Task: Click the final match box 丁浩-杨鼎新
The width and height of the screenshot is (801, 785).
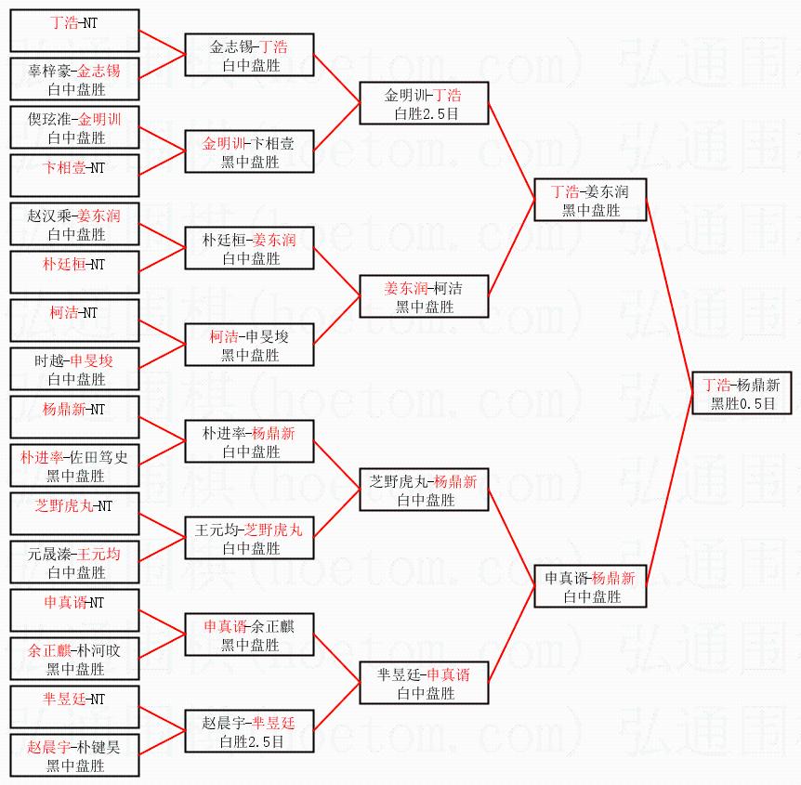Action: (742, 393)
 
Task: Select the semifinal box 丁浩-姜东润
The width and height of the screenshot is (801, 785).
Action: (590, 200)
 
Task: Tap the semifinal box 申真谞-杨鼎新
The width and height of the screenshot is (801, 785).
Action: (590, 586)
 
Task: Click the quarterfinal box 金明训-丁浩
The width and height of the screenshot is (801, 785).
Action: (424, 103)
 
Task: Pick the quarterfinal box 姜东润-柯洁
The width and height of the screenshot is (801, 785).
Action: (424, 296)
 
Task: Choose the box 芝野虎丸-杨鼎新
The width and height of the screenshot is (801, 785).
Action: (424, 490)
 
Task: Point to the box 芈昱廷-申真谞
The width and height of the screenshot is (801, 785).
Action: (424, 683)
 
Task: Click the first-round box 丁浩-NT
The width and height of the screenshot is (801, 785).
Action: (74, 31)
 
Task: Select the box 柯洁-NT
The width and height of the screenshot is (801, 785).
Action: (74, 321)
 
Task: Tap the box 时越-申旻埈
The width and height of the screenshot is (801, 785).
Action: (74, 369)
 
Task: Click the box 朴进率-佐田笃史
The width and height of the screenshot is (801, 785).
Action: (74, 465)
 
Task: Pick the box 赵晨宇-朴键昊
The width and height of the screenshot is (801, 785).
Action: (74, 755)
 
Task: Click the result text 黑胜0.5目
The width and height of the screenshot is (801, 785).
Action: (742, 403)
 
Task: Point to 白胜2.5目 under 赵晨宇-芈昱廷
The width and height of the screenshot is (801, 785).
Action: (251, 741)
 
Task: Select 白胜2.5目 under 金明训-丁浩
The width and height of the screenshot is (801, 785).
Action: (426, 113)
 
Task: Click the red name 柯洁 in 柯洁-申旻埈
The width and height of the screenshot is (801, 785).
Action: (224, 336)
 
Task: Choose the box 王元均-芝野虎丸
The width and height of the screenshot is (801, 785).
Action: (249, 538)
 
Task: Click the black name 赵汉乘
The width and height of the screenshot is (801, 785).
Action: (49, 216)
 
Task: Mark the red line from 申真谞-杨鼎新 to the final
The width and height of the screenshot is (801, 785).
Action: (669, 490)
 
